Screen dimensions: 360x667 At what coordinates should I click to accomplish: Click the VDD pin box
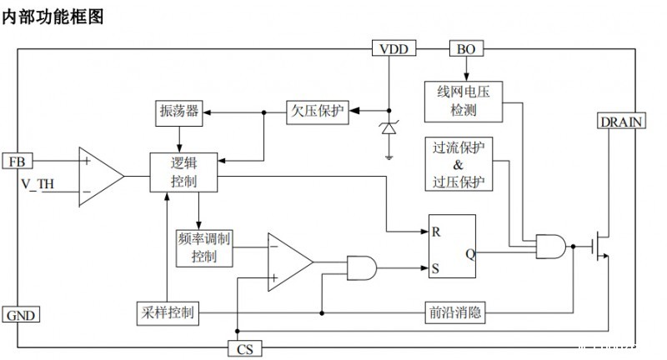[x=394, y=49]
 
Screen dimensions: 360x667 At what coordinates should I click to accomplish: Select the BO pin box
[x=466, y=49]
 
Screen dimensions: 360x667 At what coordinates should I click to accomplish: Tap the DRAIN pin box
[x=622, y=121]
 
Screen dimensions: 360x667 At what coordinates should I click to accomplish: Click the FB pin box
[x=18, y=161]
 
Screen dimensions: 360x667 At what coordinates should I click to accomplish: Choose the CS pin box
[x=244, y=348]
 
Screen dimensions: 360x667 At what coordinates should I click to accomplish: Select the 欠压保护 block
[x=316, y=111]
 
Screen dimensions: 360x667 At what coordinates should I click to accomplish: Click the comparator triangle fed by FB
[x=99, y=176]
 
